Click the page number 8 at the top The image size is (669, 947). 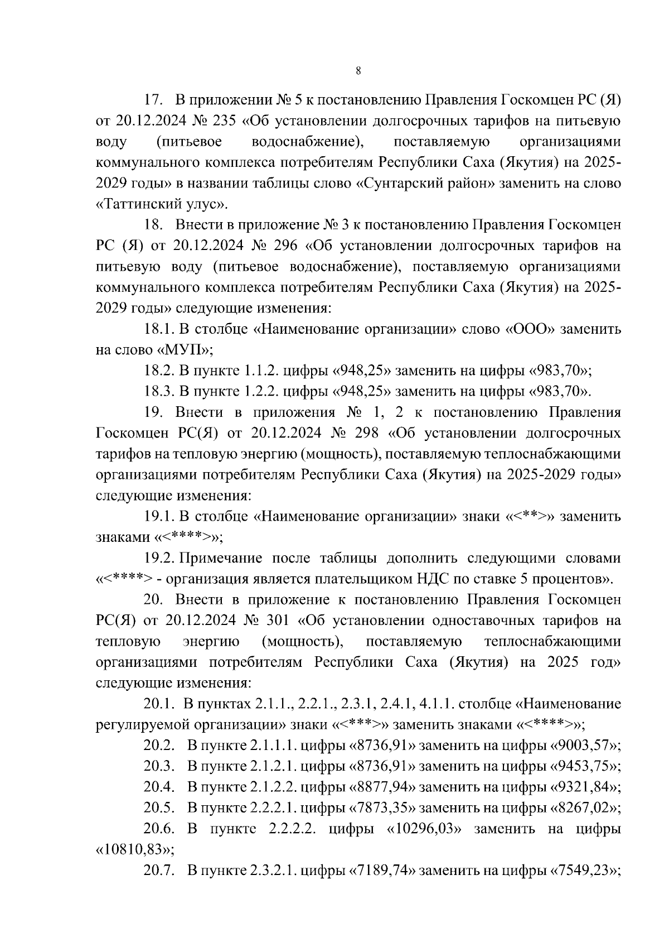coord(358,71)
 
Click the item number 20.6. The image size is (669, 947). coord(158,829)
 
